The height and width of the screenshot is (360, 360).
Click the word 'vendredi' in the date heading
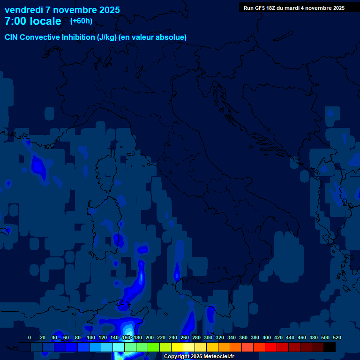(23, 10)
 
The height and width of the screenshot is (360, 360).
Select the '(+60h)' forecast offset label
(81, 21)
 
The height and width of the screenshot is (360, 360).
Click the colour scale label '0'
(30, 337)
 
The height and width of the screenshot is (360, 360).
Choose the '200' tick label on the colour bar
(150, 337)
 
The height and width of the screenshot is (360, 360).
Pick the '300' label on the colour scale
(208, 337)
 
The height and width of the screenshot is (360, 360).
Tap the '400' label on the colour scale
(267, 337)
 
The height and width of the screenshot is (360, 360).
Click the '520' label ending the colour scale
(337, 337)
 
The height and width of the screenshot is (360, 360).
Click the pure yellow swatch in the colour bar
(177, 347)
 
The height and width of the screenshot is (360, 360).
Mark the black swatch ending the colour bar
(330, 347)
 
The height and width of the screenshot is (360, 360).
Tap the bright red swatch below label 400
(271, 347)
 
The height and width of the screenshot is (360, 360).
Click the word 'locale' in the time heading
(45, 21)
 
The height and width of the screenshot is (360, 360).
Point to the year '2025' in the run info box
(336, 8)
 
